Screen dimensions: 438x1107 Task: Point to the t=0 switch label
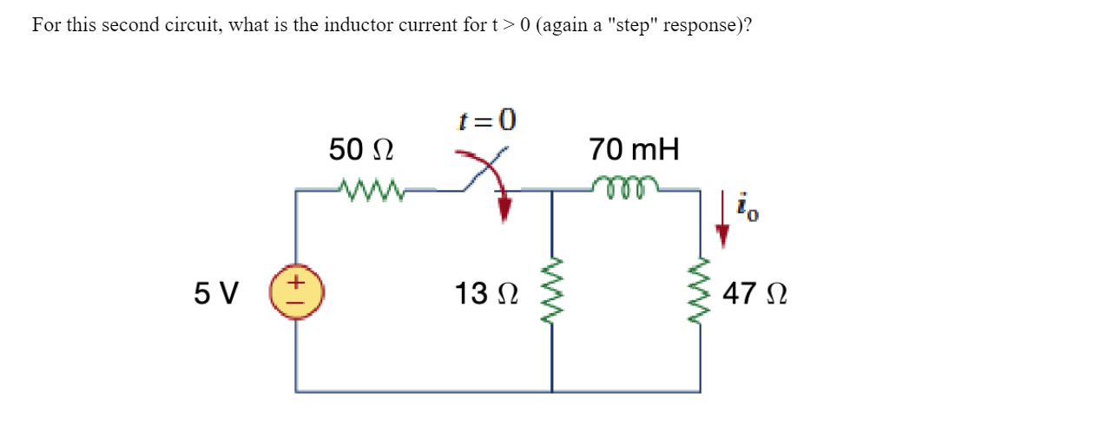[486, 121]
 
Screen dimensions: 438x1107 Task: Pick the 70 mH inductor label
[634, 150]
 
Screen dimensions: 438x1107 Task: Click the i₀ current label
[748, 208]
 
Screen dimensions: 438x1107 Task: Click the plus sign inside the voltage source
[296, 282]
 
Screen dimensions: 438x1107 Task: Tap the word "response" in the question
[696, 24]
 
